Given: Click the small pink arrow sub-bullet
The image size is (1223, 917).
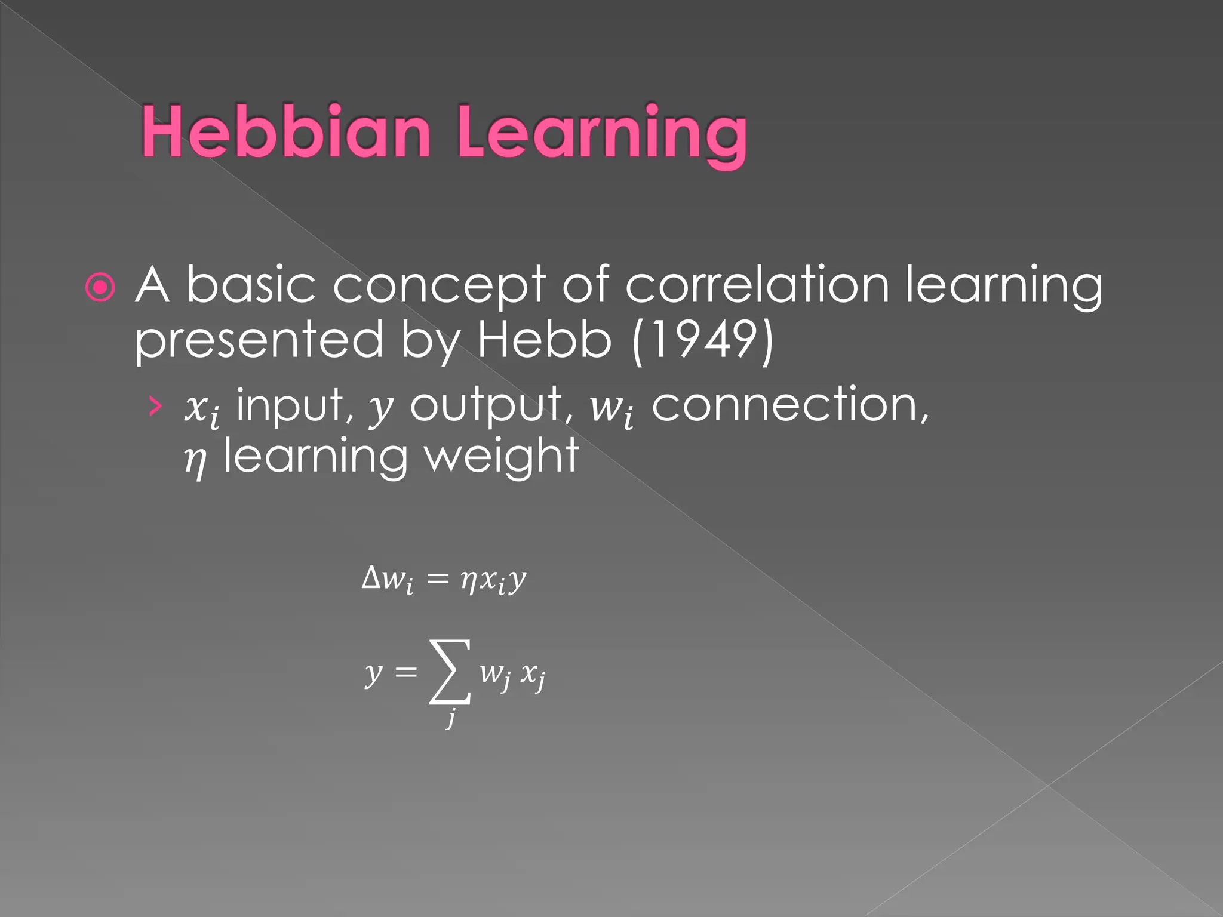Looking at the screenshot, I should pos(155,406).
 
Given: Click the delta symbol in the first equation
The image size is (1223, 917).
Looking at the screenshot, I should pos(371,577).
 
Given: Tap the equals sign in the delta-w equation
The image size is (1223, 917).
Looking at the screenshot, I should pos(438,579).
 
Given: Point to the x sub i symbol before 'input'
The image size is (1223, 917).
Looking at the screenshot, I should pos(202,410).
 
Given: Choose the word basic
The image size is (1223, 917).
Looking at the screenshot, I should pos(251,285).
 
